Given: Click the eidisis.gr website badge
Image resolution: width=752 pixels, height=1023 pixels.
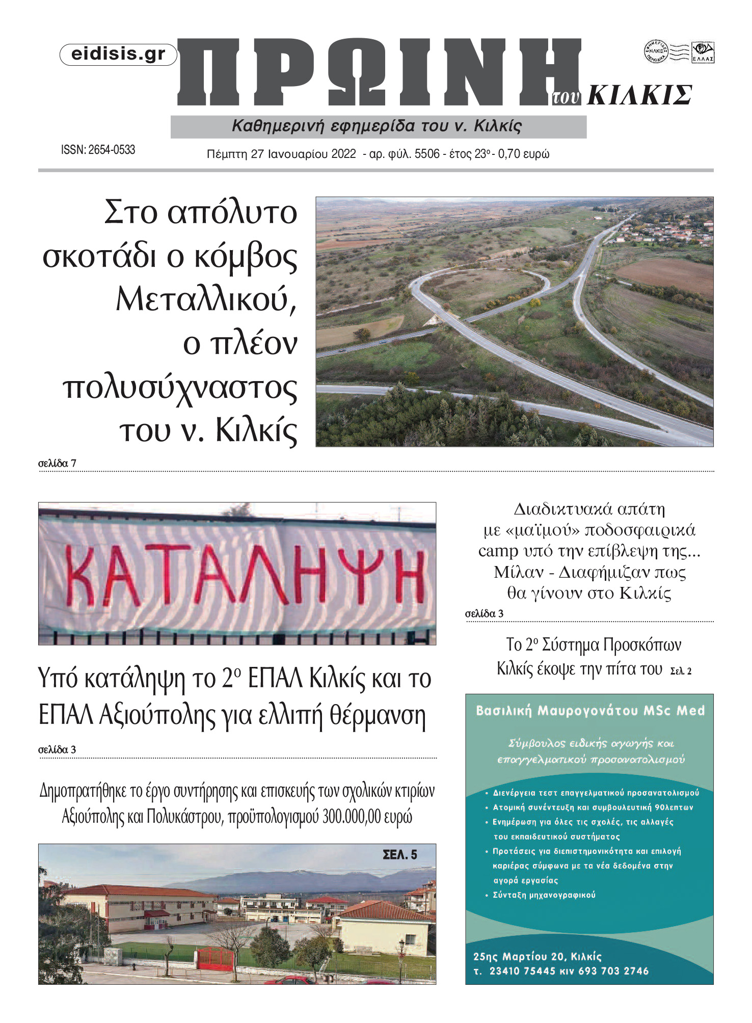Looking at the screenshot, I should coord(118,55).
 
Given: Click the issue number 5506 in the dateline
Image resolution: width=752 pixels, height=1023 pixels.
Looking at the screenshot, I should coord(427,154).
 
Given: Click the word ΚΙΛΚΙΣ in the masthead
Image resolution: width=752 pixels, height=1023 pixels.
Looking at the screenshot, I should coord(639,95).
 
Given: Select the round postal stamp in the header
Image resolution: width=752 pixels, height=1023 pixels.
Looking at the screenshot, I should coord(656,51).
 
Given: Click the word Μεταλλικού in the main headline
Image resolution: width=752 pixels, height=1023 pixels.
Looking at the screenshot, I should coord(206,300).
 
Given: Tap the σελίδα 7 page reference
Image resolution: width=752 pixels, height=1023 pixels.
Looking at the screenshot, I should coord(57,463).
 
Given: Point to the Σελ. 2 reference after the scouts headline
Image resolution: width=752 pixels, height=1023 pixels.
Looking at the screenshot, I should coord(681,671).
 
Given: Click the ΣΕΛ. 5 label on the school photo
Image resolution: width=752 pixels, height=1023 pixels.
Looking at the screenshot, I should coord(400,854).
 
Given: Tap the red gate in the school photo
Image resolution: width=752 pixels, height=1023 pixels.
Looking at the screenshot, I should coord(214,958).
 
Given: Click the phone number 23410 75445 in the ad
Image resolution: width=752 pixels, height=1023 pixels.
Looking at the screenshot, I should coord(522,971).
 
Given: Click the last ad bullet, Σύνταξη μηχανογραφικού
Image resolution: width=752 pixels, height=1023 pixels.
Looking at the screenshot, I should coord(544,895).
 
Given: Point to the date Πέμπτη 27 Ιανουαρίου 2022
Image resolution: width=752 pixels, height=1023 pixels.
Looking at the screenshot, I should coord(281,154).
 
